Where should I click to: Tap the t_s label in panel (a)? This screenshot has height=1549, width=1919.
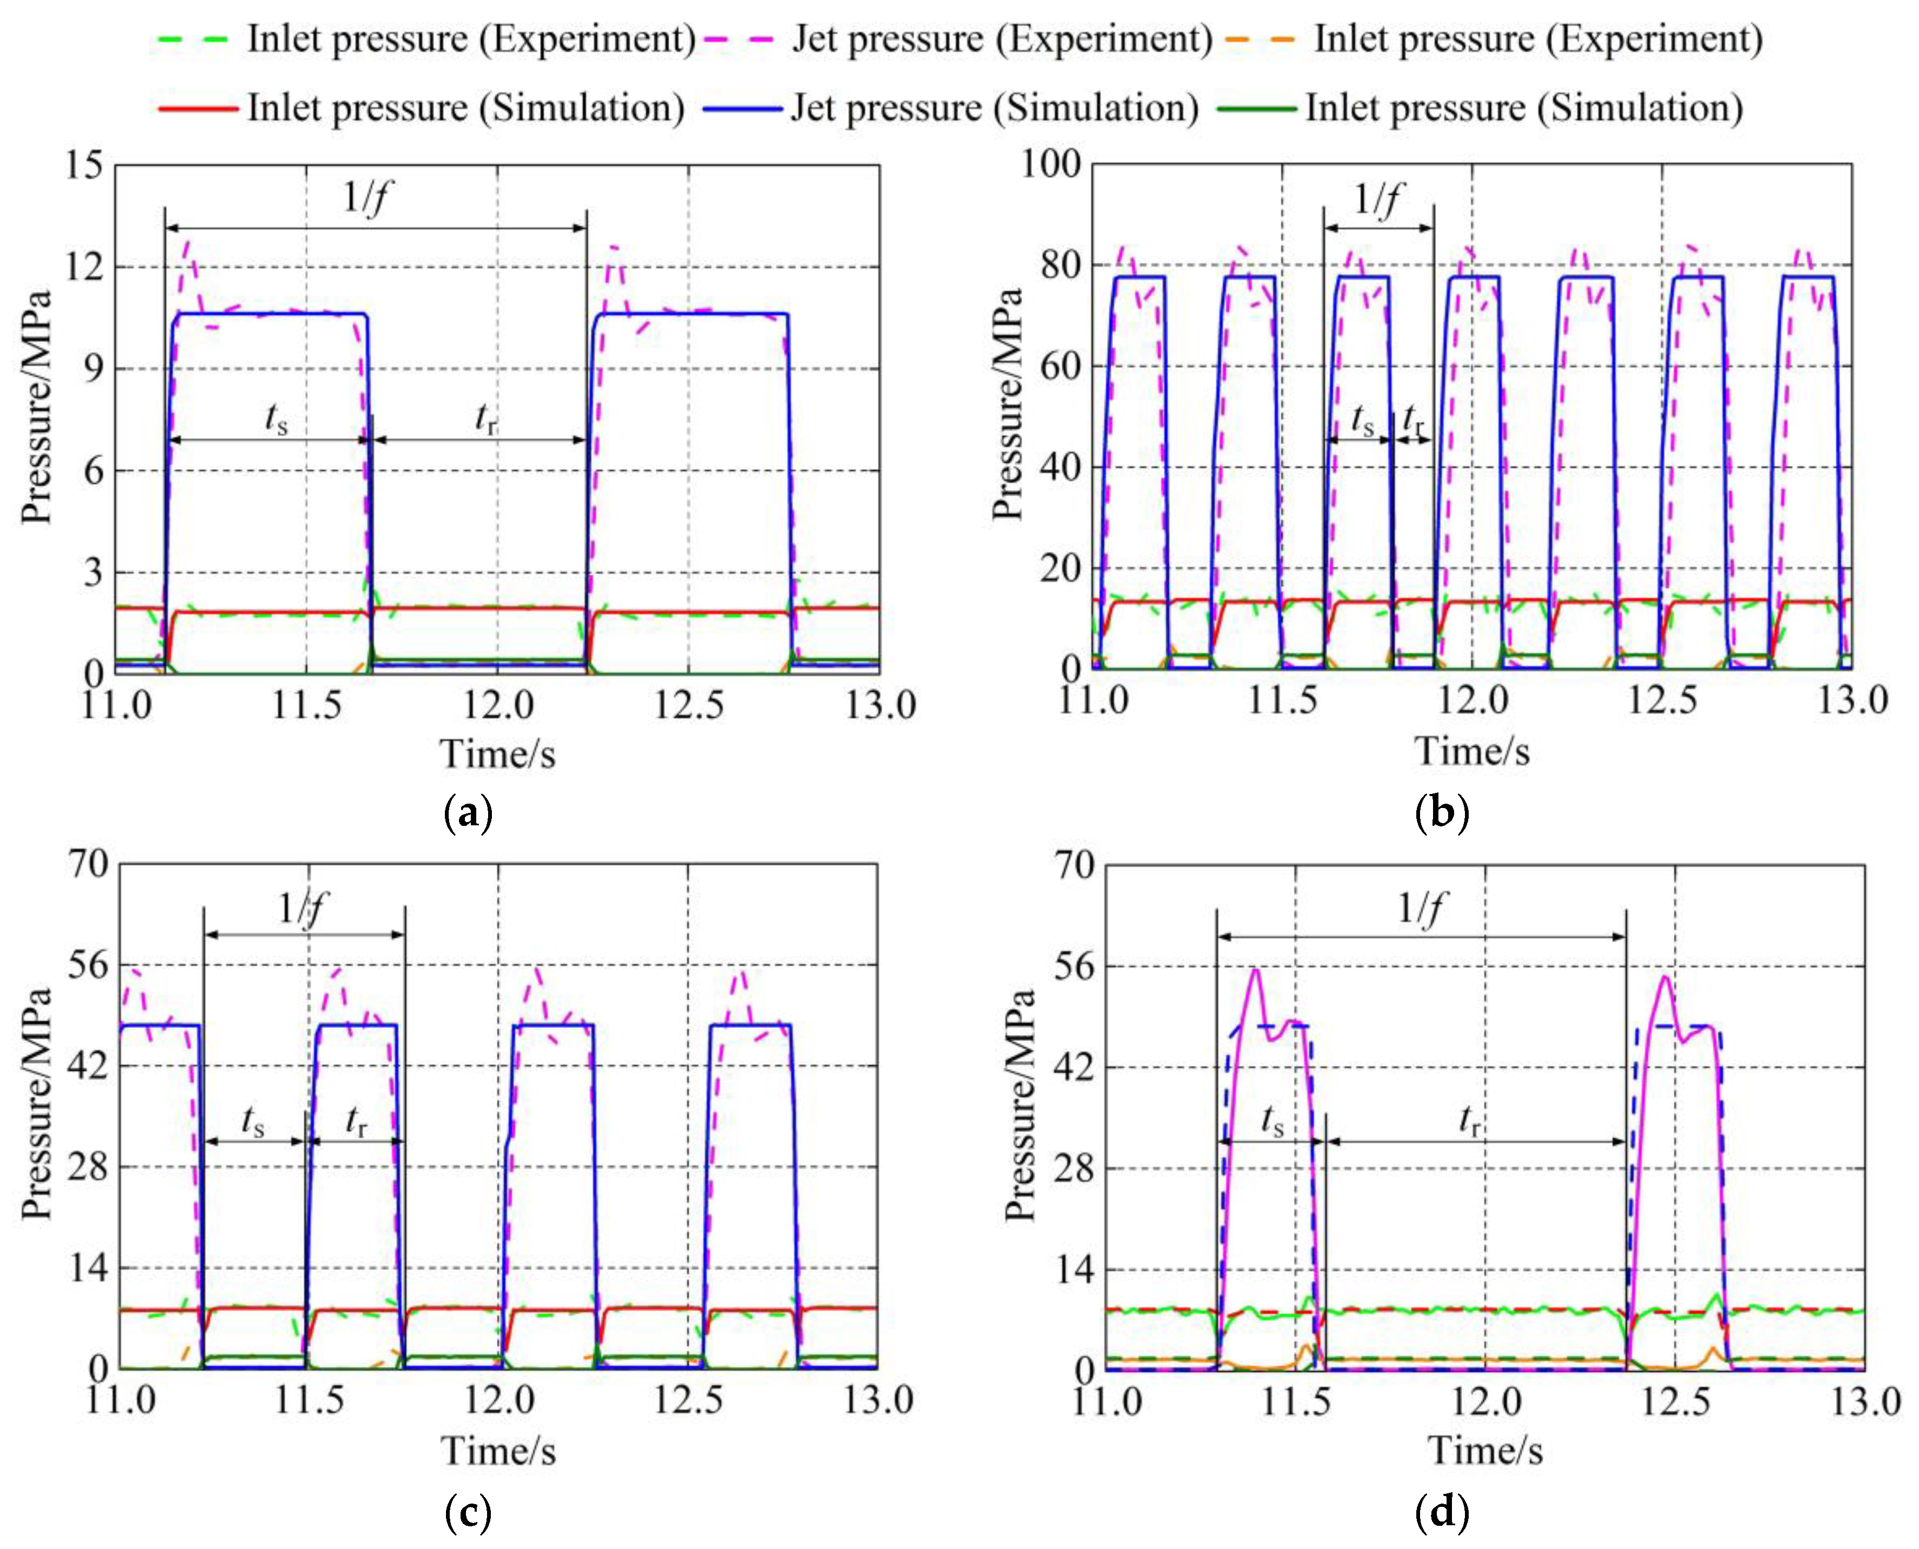click(277, 418)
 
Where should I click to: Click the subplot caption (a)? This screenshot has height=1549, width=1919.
click(468, 813)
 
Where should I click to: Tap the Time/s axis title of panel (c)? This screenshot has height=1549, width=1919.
click(498, 1451)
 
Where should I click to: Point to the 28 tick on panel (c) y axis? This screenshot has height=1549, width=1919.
click(89, 1166)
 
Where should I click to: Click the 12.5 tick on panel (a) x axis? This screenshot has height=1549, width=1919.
click(687, 705)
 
